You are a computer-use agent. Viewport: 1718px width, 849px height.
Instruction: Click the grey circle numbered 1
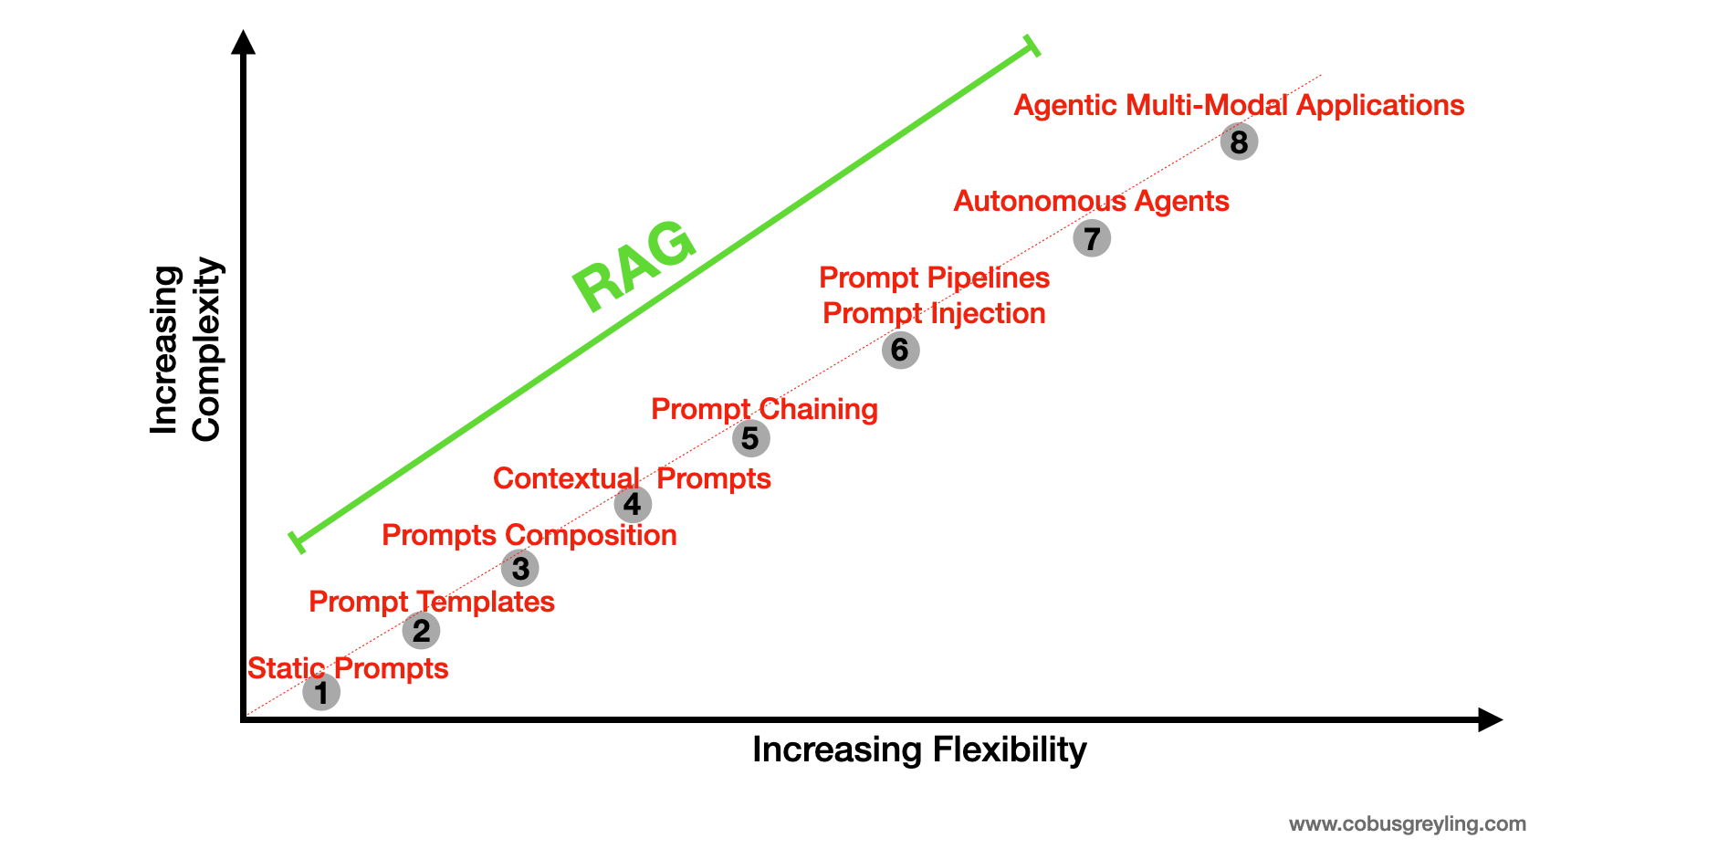click(321, 692)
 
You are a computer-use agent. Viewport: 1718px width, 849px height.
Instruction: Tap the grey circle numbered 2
click(421, 630)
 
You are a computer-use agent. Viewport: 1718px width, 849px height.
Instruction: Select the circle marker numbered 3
click(520, 568)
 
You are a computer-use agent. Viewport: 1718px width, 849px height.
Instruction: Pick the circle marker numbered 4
click(633, 504)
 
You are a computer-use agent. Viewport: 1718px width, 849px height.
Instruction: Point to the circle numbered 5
click(750, 438)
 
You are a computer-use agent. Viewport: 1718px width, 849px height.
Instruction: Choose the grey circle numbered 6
click(900, 350)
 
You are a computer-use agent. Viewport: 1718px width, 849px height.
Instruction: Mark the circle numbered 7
click(1092, 238)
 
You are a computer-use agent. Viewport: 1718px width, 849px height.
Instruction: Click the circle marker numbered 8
click(1239, 141)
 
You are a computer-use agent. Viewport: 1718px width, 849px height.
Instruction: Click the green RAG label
click(634, 265)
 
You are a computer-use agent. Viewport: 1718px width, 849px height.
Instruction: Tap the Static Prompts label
click(348, 668)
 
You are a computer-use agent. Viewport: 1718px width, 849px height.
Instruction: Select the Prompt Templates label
click(432, 602)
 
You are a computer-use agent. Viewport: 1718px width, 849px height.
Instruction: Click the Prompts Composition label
click(529, 535)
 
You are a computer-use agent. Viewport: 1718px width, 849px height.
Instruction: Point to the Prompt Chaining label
click(764, 409)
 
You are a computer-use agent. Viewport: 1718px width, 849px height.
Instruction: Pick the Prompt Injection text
click(934, 313)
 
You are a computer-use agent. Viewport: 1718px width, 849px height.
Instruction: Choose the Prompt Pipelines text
click(934, 278)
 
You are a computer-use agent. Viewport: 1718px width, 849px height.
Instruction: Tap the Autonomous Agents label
click(1091, 201)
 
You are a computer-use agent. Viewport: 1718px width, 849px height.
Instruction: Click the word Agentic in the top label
click(1065, 105)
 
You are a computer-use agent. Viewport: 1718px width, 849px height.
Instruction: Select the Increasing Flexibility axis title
click(919, 749)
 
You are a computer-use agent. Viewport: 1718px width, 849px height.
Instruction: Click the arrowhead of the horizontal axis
click(1490, 719)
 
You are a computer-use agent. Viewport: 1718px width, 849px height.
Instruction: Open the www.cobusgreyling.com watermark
click(1407, 823)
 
